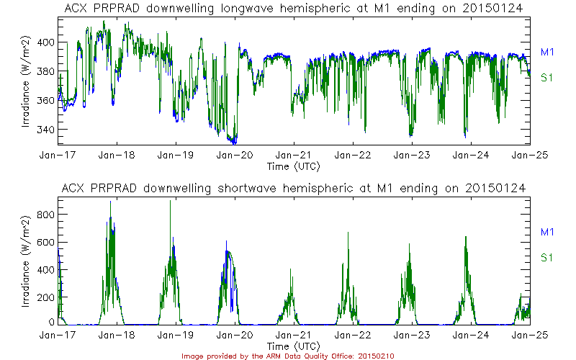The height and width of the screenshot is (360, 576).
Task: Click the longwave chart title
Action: [x=294, y=8]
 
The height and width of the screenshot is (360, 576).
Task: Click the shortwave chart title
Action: [x=294, y=188]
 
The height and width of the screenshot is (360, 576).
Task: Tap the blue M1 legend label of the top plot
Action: [x=546, y=51]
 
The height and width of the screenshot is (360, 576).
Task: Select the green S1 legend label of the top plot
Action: [x=546, y=77]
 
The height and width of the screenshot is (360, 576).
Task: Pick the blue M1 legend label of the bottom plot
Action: [x=546, y=231]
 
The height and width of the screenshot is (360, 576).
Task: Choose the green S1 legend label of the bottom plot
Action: [x=546, y=257]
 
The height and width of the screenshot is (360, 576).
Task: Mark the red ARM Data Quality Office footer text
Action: [x=287, y=356]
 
